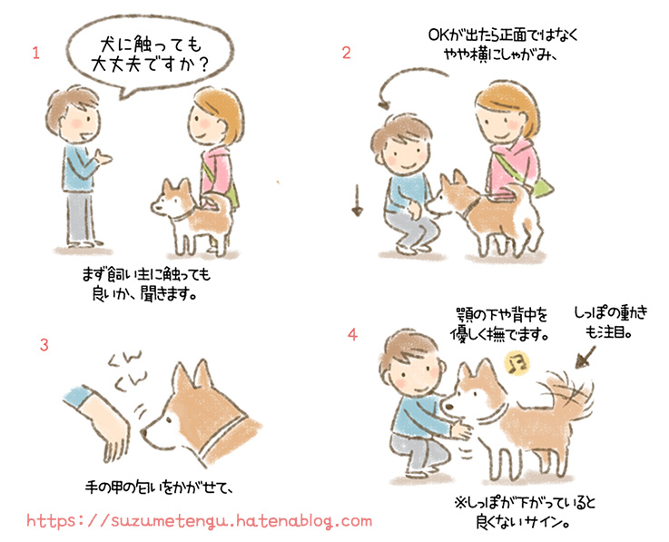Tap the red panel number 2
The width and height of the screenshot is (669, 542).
click(346, 53)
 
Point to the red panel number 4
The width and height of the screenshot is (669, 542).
click(352, 335)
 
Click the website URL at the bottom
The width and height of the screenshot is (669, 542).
click(199, 521)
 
